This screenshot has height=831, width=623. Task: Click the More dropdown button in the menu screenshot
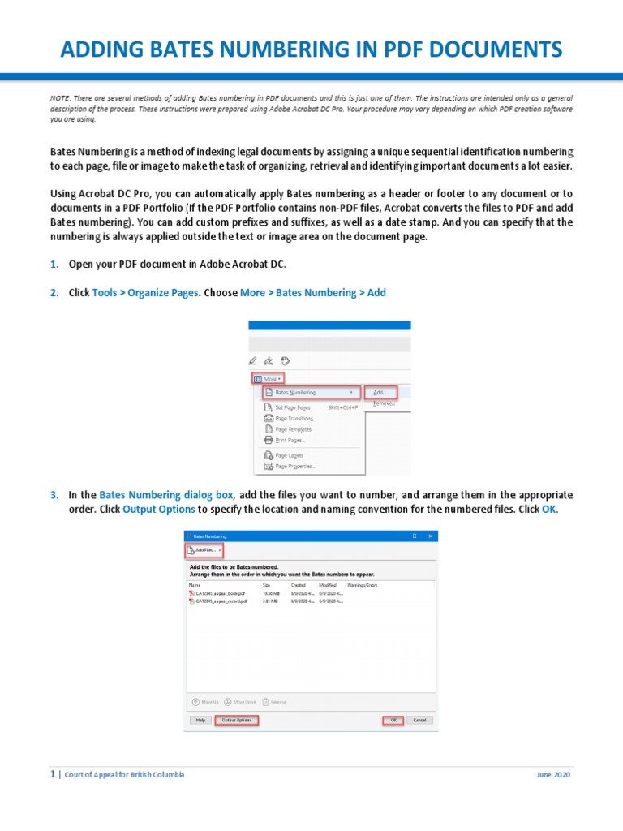268,378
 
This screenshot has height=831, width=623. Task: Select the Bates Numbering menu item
295,392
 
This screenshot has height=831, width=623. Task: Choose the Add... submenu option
380,392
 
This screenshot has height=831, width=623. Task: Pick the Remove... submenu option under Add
384,403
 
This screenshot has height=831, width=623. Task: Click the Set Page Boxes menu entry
293,407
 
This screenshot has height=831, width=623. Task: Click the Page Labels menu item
289,455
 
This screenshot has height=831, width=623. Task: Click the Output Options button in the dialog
236,720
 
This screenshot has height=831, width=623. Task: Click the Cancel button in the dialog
419,720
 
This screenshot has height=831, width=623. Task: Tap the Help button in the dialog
199,720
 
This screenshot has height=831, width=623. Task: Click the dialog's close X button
431,536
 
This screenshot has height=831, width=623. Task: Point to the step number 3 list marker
54,494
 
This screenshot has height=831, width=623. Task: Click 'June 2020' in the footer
553,775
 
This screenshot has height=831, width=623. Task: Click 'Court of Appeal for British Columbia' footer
124,775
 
